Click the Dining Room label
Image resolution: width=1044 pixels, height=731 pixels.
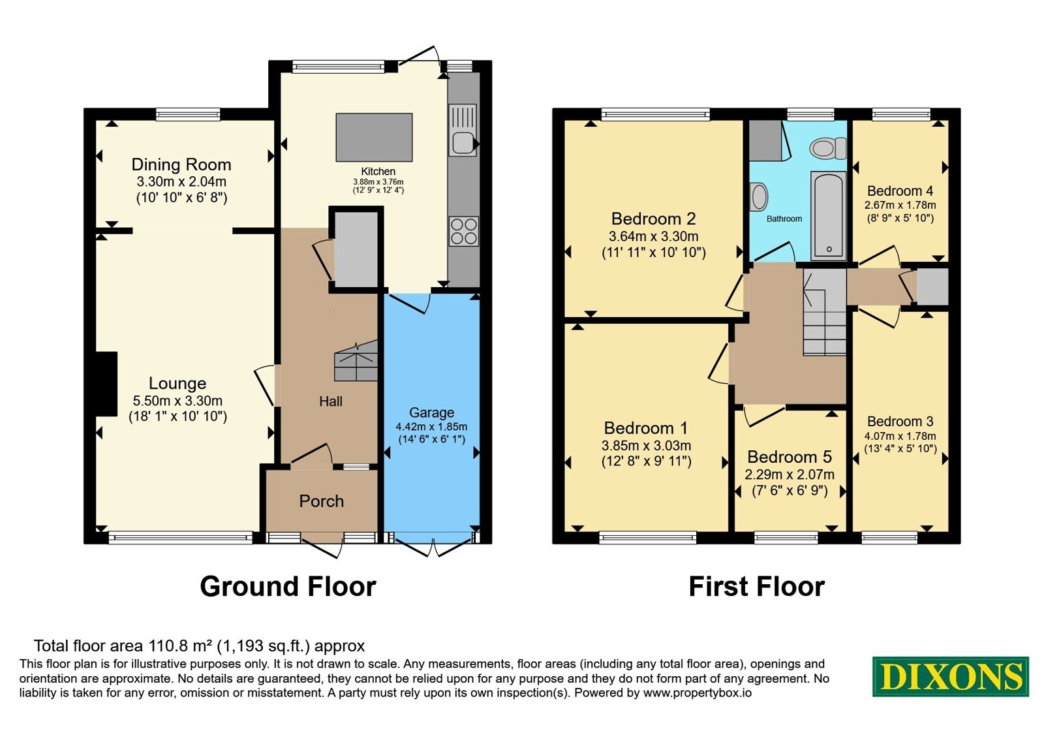coord(181,164)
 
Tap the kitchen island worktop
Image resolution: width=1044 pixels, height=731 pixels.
coord(375,137)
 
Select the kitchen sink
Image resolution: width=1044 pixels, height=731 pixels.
coord(463,130)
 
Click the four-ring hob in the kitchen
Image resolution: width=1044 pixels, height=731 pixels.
coord(464,231)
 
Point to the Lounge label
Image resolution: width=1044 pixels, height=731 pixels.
coord(177,383)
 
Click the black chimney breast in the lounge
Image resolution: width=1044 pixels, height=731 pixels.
coord(106,384)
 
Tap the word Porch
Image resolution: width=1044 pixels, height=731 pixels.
coord(322,501)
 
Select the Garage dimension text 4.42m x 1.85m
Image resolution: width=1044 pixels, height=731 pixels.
coord(431,427)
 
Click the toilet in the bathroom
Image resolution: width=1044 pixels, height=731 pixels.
coord(828,149)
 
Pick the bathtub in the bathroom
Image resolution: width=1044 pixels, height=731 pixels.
coord(829,216)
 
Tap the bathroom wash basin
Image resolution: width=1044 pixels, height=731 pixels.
coord(759,196)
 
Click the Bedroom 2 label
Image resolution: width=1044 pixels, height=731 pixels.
coord(653,219)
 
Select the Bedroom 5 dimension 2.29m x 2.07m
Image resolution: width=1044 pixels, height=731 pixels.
coord(790,474)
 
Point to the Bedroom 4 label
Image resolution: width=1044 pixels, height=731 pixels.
coord(900,191)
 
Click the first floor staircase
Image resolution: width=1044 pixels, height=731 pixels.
coord(825,312)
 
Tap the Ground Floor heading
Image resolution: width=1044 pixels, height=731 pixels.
coord(288,587)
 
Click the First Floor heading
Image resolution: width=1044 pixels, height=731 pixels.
coord(757,587)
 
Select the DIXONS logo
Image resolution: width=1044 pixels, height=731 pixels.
coord(951,676)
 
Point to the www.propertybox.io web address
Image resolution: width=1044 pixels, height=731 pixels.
coord(698,692)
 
